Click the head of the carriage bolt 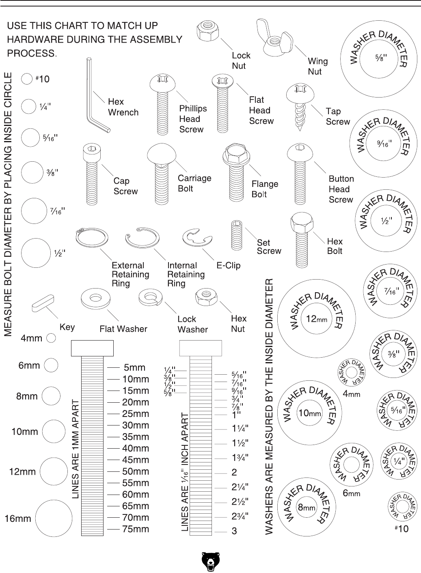tap(162, 154)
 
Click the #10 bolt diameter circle tap(27, 79)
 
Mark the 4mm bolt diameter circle tap(51, 338)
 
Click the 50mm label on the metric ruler tap(136, 472)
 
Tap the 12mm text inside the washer tap(316, 319)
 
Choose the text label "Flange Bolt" tap(265, 189)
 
